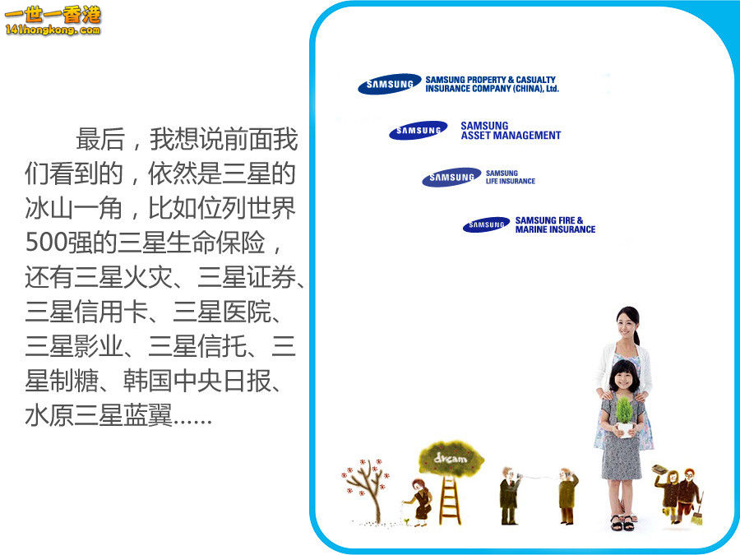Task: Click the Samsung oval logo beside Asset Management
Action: [419, 130]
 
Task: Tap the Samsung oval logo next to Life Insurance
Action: [451, 177]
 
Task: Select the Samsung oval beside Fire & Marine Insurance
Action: [487, 224]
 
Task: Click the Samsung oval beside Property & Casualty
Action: [390, 84]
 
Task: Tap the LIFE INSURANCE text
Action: [511, 181]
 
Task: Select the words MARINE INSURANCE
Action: [556, 229]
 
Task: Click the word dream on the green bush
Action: [451, 458]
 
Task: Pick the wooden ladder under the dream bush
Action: [451, 499]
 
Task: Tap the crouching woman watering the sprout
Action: [419, 502]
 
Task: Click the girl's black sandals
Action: [623, 523]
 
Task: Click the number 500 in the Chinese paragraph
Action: [46, 242]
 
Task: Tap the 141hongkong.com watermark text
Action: [53, 30]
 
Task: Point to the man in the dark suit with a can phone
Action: [509, 496]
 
